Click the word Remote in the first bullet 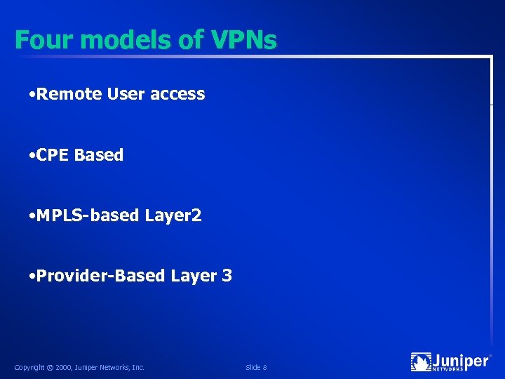[69, 94]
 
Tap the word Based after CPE [99, 155]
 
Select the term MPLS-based [88, 215]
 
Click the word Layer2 [173, 215]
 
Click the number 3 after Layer [227, 276]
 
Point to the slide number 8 [264, 367]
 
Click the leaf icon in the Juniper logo [421, 362]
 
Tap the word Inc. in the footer [137, 367]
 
